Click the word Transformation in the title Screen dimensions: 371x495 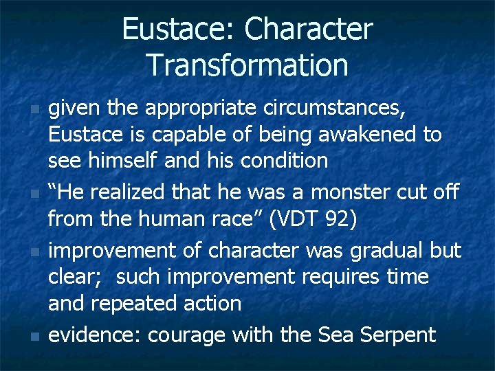[247, 65]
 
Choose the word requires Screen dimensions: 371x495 [344, 277]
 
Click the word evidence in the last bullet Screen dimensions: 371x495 [94, 335]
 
